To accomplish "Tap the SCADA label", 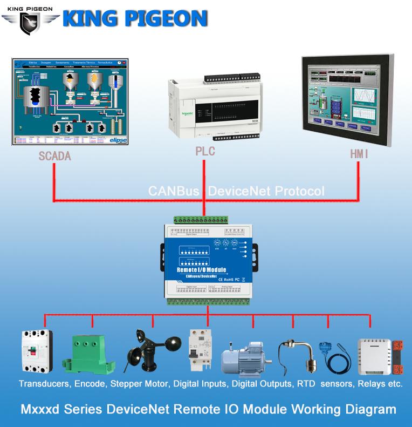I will coord(54,156).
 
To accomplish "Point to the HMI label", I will coord(359,154).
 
